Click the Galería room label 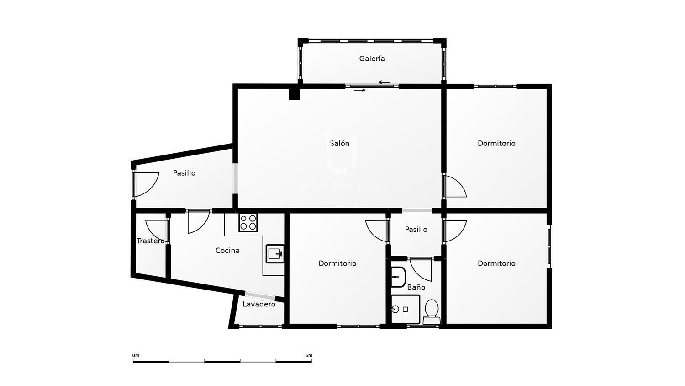click(x=372, y=59)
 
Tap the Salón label click(x=339, y=143)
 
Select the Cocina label click(x=227, y=251)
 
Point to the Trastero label click(x=150, y=241)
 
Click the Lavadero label click(x=259, y=304)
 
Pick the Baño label click(x=416, y=287)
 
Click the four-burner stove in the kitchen click(x=248, y=222)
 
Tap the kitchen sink click(x=275, y=254)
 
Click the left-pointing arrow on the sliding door click(x=384, y=82)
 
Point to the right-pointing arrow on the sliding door click(x=360, y=90)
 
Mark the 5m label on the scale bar click(x=309, y=355)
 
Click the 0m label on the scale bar click(x=136, y=355)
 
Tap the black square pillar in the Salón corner click(x=295, y=94)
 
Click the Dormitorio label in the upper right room click(x=496, y=143)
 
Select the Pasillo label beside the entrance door click(x=184, y=173)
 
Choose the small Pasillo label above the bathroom click(x=416, y=230)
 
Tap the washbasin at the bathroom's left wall click(x=399, y=277)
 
